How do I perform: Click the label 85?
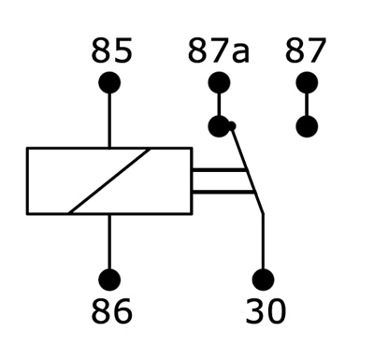point(111,50)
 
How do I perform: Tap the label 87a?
point(219,50)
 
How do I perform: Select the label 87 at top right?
point(306,50)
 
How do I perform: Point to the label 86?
point(111,310)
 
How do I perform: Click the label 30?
point(266,310)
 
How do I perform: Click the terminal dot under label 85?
point(109,83)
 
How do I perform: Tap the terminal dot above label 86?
point(109,280)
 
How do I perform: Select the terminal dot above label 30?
point(264,280)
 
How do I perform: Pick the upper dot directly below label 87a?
point(219,83)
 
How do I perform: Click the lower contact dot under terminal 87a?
point(219,126)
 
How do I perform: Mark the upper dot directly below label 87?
point(307,83)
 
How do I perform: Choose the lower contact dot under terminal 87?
point(307,126)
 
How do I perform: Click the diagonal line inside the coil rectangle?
point(109,180)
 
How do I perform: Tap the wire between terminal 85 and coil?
point(109,121)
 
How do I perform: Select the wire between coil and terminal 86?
point(109,242)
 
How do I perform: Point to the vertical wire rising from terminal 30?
point(264,241)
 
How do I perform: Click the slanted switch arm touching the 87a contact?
point(247,170)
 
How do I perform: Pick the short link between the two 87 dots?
point(307,105)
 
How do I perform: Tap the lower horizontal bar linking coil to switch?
point(223,192)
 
